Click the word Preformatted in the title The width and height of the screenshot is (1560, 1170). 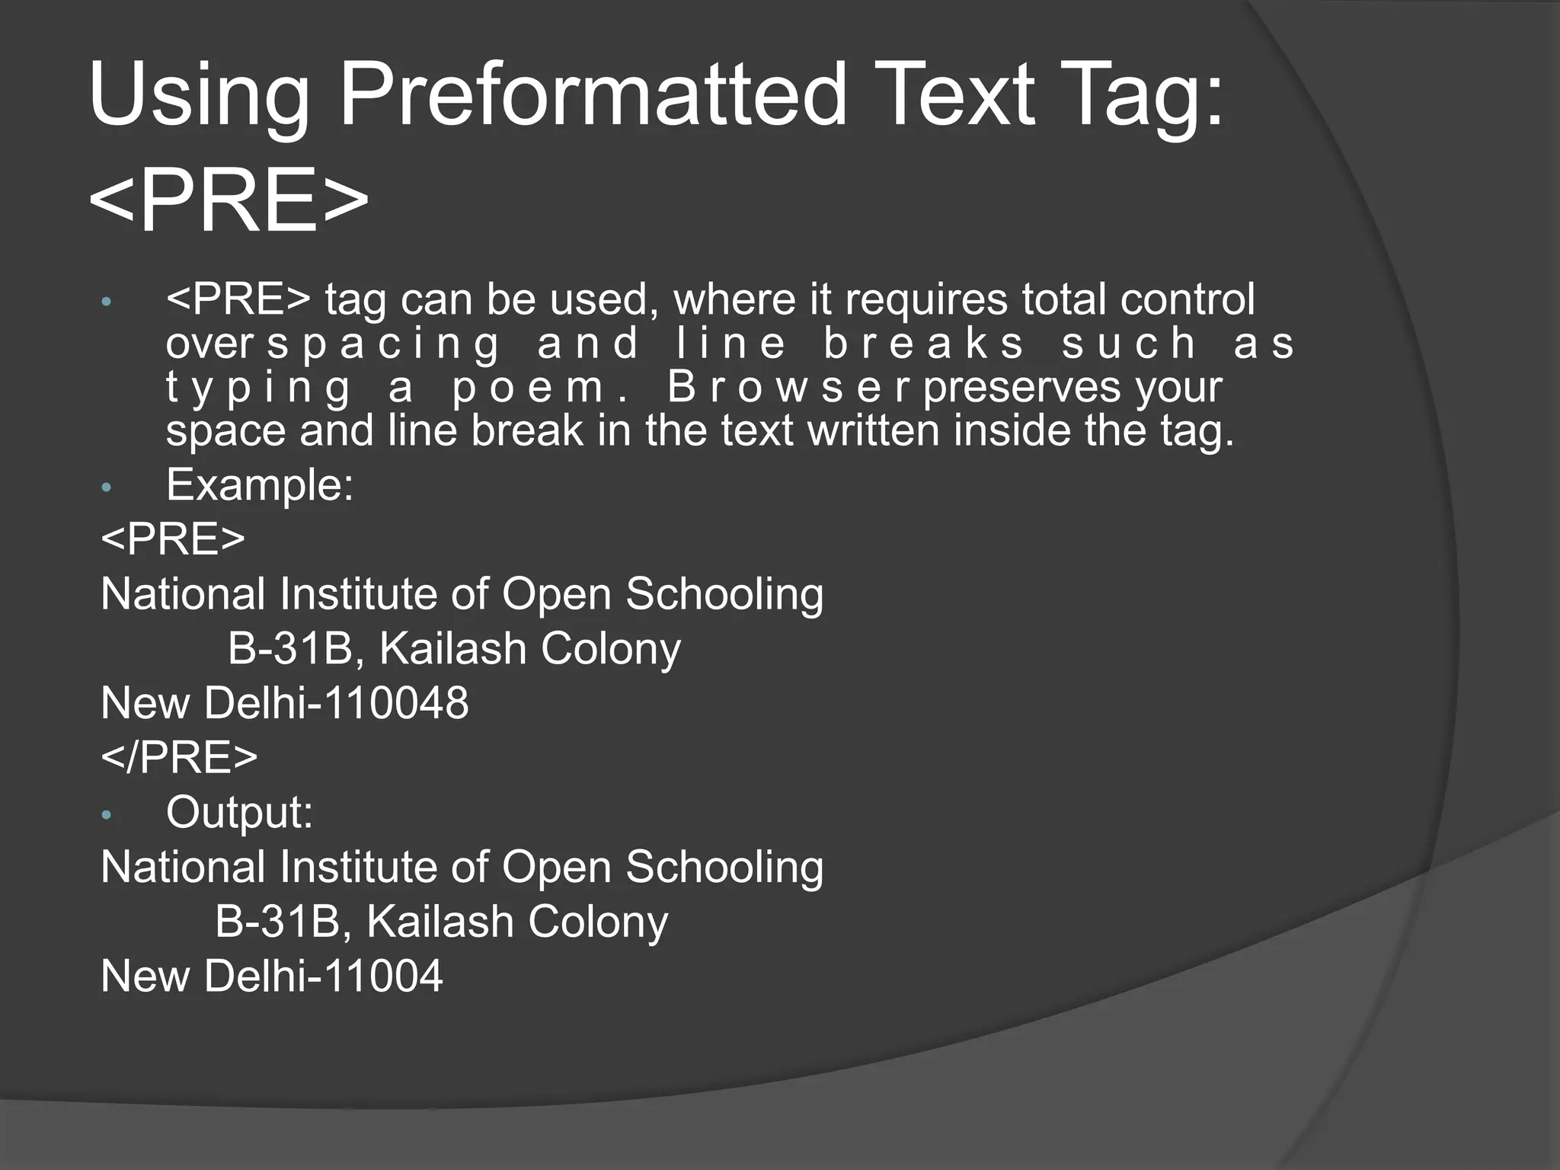(593, 96)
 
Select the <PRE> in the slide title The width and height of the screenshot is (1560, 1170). (229, 201)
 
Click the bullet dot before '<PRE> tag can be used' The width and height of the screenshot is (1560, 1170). (107, 302)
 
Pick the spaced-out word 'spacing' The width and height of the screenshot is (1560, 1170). (383, 344)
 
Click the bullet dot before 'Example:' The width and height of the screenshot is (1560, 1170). (107, 487)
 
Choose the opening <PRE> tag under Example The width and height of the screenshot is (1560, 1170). (173, 539)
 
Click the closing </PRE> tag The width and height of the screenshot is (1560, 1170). (179, 757)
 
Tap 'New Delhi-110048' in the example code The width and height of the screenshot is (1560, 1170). (285, 702)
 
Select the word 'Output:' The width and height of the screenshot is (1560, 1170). (239, 812)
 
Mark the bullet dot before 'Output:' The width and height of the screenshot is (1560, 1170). (107, 816)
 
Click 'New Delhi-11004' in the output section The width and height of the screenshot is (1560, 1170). (272, 976)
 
